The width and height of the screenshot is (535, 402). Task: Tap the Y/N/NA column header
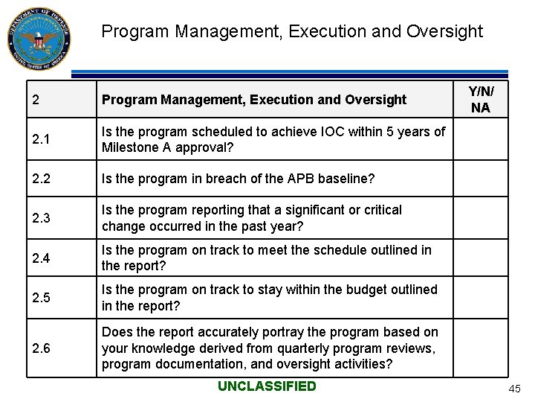481,99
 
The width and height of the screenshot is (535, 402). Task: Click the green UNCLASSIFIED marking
267,386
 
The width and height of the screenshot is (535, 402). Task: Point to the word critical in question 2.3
380,210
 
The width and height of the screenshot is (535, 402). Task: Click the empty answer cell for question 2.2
481,179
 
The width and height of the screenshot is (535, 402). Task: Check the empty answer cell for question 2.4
481,258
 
